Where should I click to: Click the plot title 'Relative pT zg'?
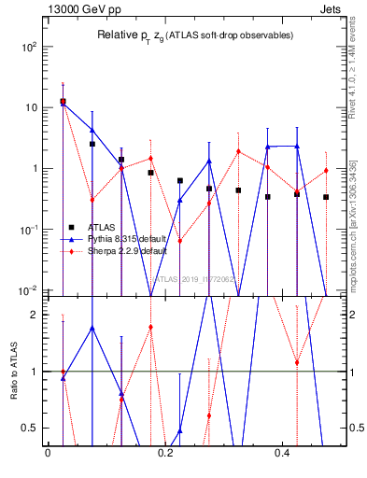[195, 35]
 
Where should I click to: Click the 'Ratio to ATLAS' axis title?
[12, 372]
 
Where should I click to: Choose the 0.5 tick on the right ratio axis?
[354, 428]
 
